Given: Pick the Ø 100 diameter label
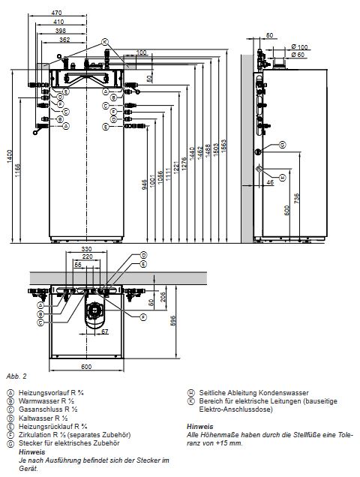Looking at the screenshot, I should pos(301,46).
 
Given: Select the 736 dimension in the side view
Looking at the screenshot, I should pos(299,196).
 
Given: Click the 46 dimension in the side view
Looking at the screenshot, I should pos(269,181).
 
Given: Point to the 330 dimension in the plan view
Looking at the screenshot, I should pos(87,248).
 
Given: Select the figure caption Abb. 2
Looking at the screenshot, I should pos(14,375).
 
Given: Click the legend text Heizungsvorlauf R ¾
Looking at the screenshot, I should pos(46,392).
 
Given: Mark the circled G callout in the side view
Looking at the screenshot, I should pos(282,144).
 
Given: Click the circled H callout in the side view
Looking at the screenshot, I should pos(281,177).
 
